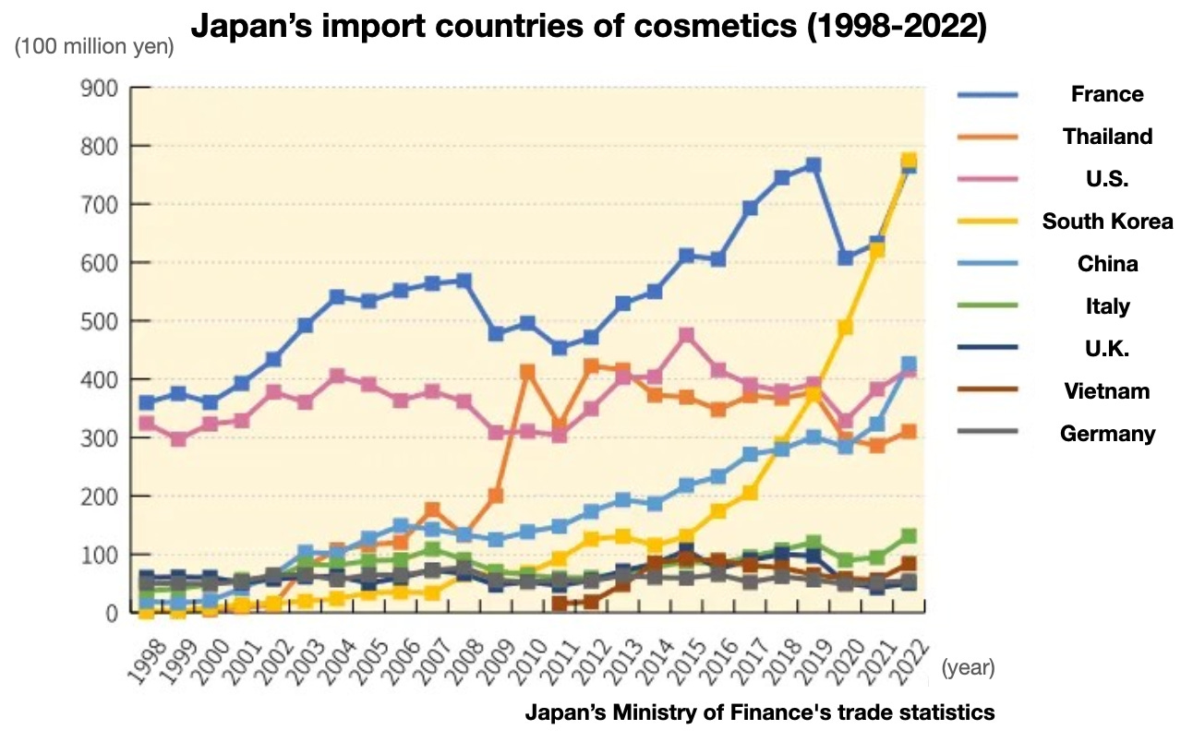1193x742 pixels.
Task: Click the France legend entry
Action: coord(1106,94)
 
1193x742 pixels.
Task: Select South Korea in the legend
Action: coord(1106,221)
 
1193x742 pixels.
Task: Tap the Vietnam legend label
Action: coord(1106,390)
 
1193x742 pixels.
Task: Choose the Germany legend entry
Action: coord(1106,433)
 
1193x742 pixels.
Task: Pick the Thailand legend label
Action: coord(1106,137)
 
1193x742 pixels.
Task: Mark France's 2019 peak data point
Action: coord(813,165)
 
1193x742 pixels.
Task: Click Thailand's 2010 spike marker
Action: coord(528,372)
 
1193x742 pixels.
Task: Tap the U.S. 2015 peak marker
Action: coord(686,335)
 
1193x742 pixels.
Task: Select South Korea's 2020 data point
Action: coord(844,328)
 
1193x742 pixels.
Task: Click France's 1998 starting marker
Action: coord(146,402)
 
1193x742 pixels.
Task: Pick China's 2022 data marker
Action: coord(908,365)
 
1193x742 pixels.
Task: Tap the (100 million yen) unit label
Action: coord(94,45)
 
